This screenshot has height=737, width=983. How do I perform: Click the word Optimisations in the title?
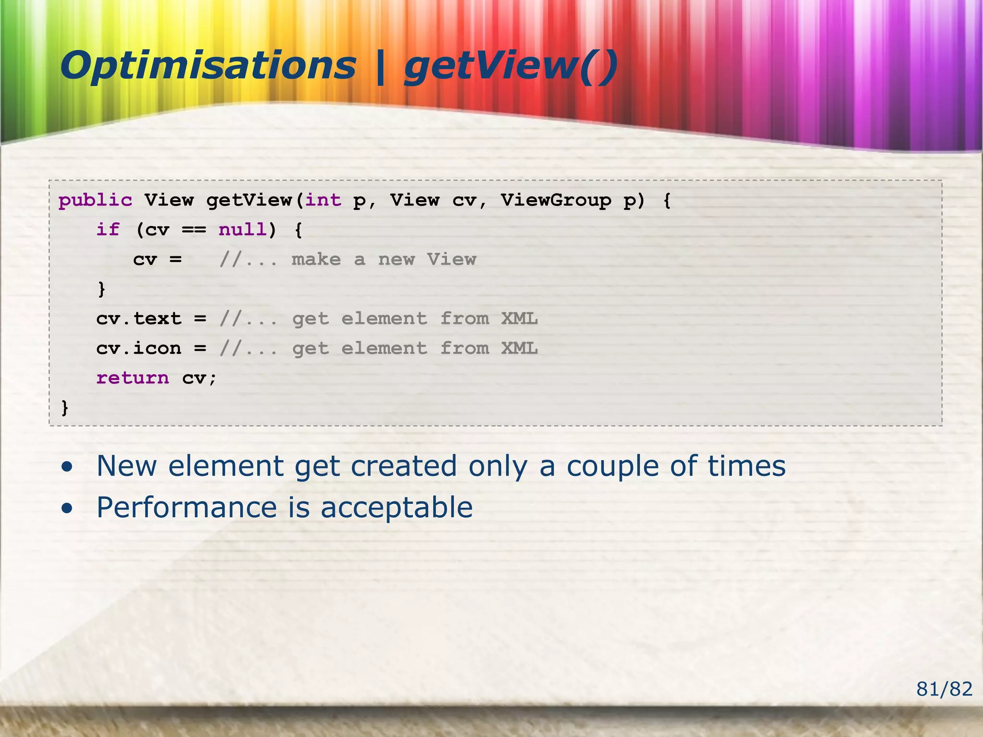[207, 66]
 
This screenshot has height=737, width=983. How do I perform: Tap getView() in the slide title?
[511, 66]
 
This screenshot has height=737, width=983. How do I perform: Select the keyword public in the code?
[95, 200]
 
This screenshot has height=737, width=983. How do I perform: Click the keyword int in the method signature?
[323, 200]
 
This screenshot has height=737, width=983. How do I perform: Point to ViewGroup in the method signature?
[556, 200]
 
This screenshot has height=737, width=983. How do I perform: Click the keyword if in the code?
[108, 230]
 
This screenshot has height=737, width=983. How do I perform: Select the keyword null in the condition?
[242, 230]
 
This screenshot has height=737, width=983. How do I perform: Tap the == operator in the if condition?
[193, 230]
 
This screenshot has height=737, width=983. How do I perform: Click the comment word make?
[316, 260]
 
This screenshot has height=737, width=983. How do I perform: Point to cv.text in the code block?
[139, 319]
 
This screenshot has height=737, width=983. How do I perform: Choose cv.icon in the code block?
[139, 348]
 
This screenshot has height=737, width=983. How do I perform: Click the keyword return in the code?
[132, 378]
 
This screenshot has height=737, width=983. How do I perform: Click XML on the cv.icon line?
[519, 348]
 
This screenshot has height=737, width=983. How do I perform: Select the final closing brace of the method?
[65, 408]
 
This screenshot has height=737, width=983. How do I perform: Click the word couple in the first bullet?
[612, 466]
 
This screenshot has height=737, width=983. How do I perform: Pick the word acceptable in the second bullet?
[396, 508]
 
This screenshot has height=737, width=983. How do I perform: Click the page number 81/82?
[944, 689]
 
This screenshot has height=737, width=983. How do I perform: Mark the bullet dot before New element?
[68, 467]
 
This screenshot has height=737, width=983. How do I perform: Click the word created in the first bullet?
[403, 466]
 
